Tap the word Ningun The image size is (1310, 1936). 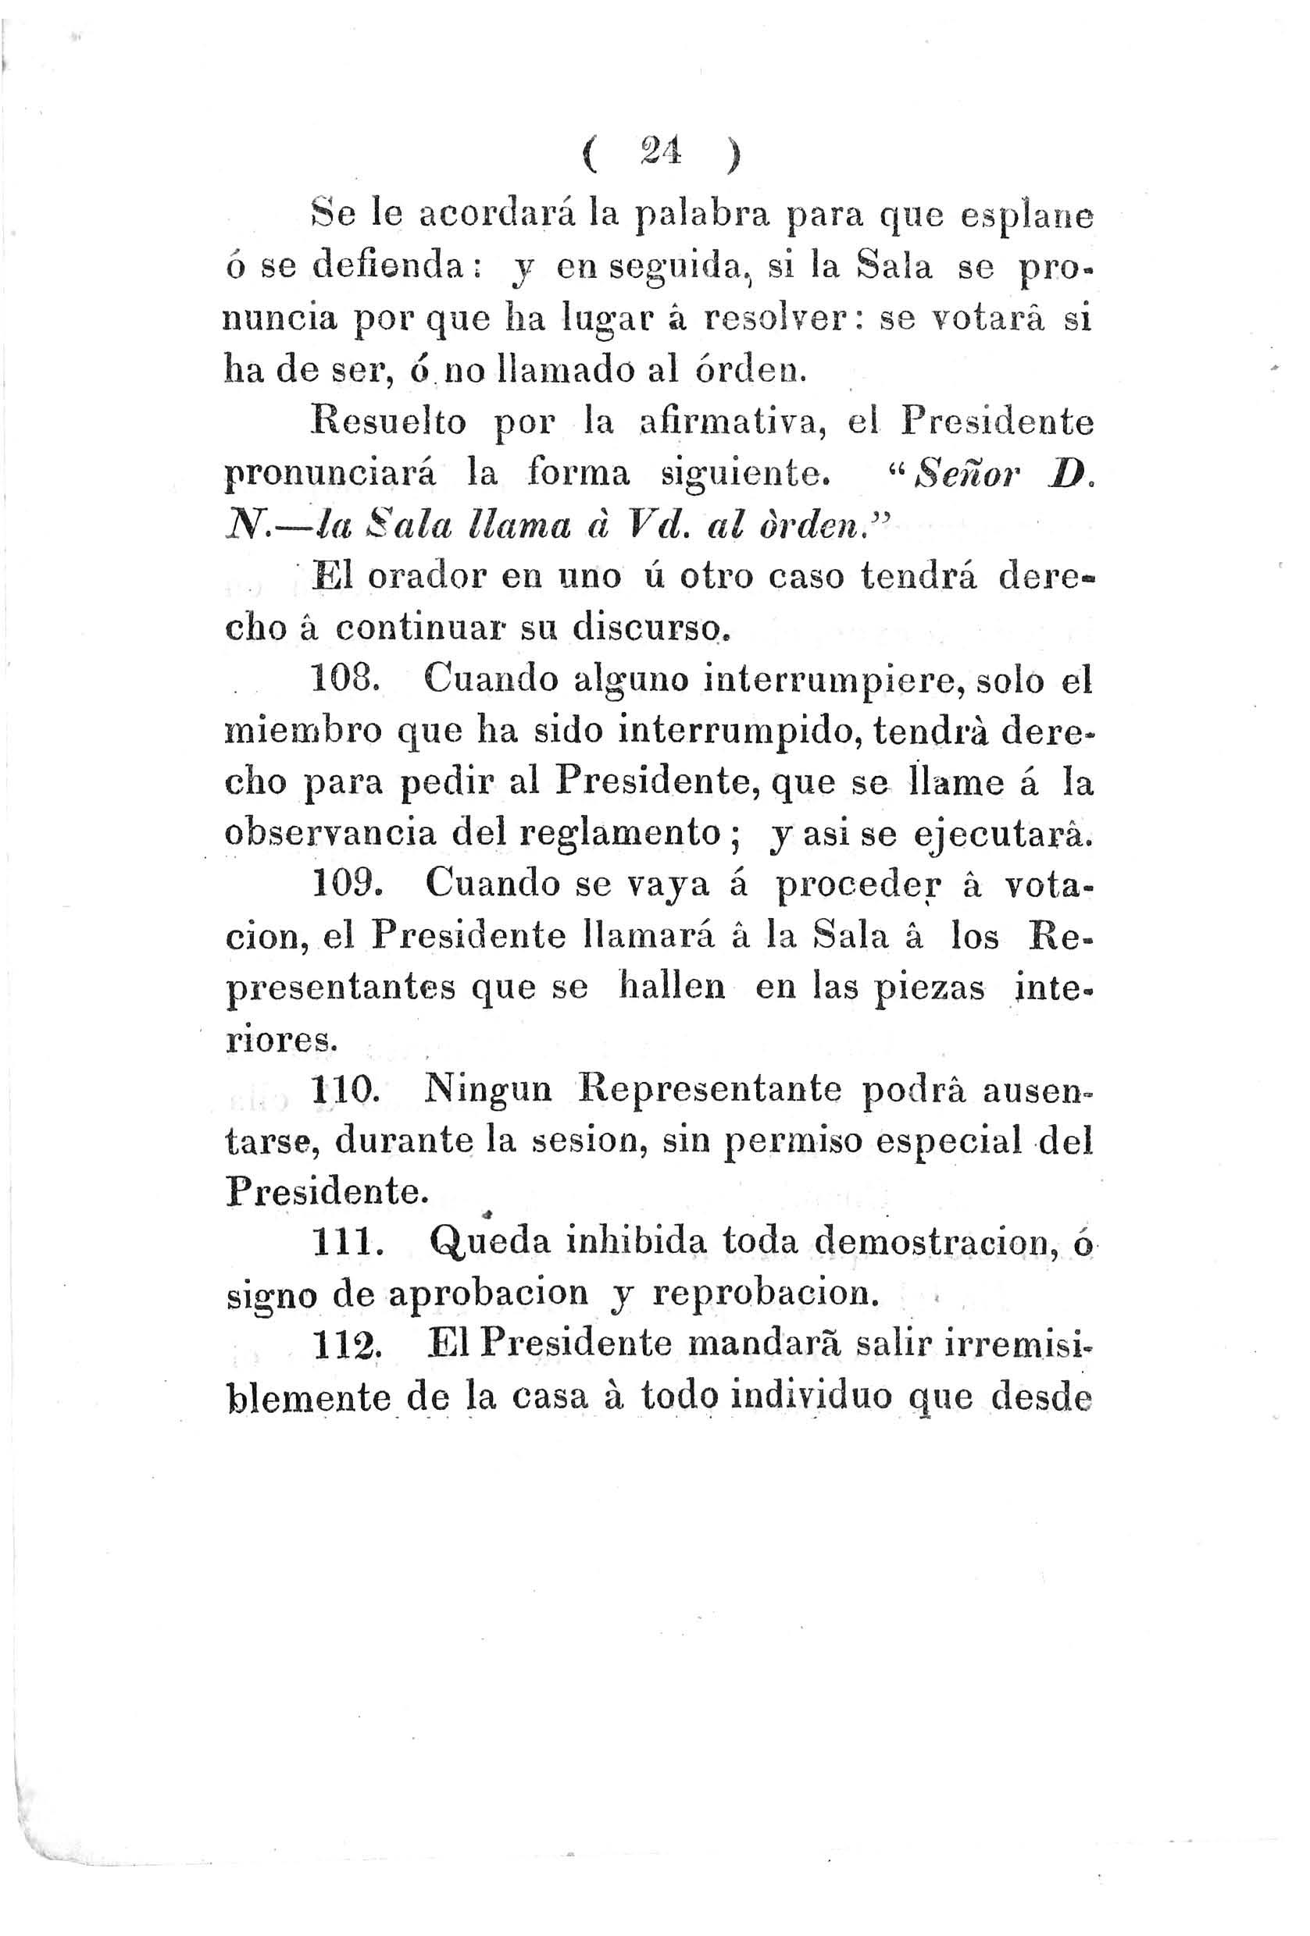click(x=487, y=1091)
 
